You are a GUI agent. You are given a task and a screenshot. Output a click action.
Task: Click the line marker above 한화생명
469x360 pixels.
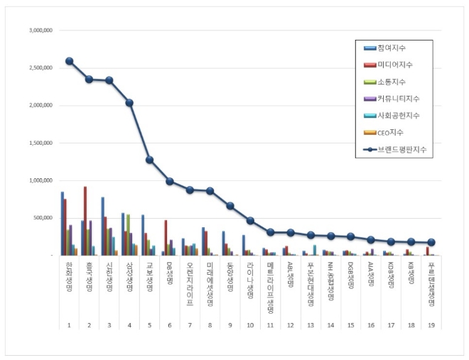[69, 61]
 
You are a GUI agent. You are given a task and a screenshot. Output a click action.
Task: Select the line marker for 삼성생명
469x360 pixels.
[129, 103]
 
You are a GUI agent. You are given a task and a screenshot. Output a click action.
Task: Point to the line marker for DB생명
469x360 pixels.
[170, 181]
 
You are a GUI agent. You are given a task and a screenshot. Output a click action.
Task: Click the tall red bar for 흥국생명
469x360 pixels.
[85, 220]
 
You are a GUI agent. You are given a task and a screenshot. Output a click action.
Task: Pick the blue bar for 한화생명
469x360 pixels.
[62, 223]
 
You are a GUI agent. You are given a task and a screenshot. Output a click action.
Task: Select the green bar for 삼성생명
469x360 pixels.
[128, 234]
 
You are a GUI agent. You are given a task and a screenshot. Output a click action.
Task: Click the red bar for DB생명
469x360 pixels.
[166, 237]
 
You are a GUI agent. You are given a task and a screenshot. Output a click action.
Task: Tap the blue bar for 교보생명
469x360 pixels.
[143, 234]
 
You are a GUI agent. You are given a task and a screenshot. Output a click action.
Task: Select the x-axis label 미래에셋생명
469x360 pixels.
[210, 280]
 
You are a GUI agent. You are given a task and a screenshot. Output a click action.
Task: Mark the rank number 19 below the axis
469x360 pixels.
[432, 325]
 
